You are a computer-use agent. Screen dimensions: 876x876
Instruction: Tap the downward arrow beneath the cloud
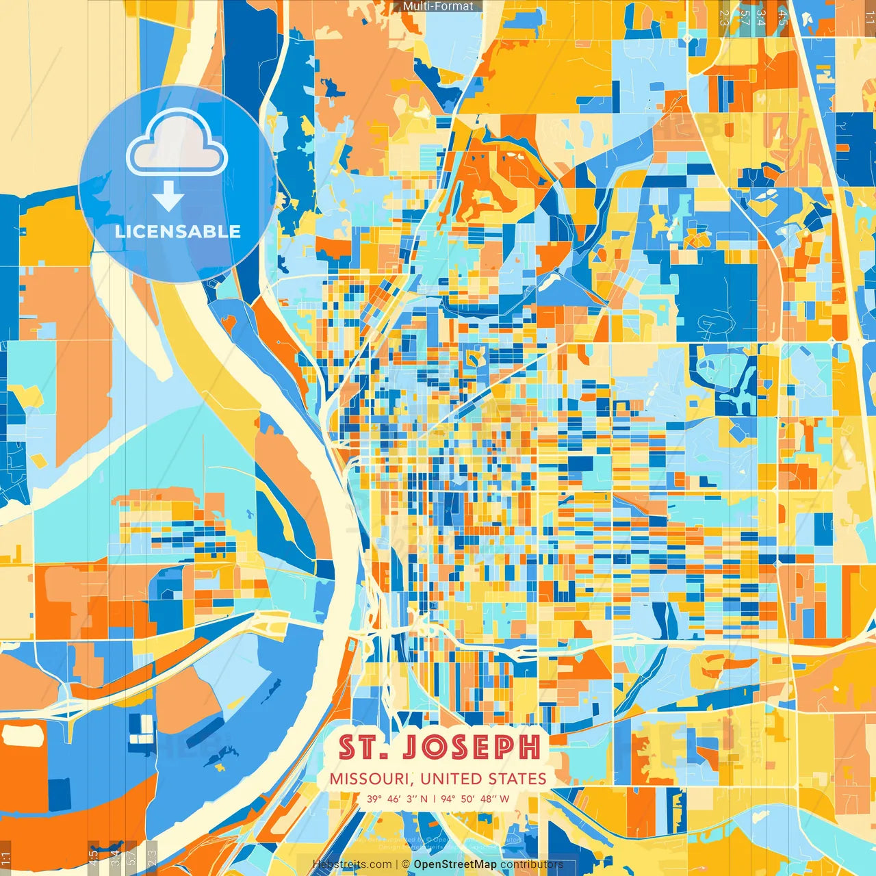point(168,197)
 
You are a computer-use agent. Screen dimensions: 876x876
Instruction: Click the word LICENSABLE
point(178,231)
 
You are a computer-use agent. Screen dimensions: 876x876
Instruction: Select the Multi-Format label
point(438,6)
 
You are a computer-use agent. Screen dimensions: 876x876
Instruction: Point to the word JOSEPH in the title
point(470,748)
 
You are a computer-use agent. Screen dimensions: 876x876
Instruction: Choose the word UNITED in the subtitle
point(452,779)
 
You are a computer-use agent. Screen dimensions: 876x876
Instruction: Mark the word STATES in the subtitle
point(517,779)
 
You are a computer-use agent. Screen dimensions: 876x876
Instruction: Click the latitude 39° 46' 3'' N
point(397,799)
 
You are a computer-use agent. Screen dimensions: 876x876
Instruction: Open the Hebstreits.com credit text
point(352,864)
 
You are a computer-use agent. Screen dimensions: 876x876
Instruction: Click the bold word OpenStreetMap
point(455,864)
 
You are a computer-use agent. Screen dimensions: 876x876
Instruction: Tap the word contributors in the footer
point(532,864)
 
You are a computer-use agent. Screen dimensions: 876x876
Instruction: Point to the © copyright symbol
point(406,864)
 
